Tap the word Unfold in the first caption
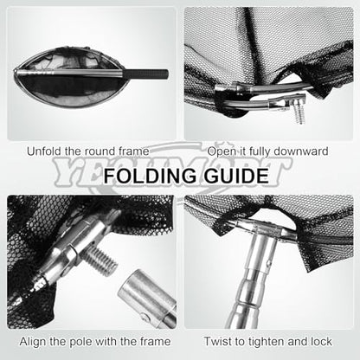(44, 151)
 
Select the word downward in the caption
(301, 151)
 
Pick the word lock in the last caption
(321, 342)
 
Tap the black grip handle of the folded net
(146, 74)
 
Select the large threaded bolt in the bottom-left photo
(101, 260)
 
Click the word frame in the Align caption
(156, 342)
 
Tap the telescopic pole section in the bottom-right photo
(251, 288)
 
